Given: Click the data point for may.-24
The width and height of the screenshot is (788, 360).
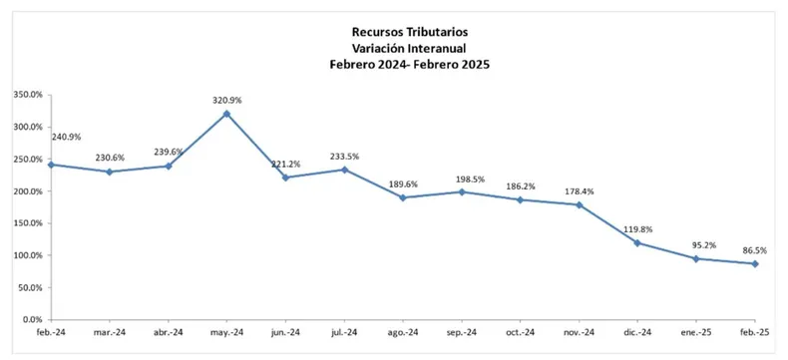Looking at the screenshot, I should [226, 114].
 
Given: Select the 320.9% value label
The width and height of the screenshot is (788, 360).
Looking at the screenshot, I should [226, 100].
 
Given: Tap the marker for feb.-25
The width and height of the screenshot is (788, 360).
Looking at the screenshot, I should [755, 263].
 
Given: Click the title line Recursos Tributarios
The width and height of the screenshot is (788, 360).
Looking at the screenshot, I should [410, 31].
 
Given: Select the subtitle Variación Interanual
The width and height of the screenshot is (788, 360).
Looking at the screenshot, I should [410, 47].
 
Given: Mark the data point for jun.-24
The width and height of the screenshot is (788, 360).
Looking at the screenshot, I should [285, 178].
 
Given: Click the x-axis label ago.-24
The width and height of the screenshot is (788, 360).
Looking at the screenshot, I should [403, 332].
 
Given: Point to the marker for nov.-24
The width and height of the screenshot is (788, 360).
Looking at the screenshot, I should [579, 204].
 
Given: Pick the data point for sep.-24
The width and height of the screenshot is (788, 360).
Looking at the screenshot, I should [461, 191].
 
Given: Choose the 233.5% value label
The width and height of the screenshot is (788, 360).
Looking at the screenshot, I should [344, 157].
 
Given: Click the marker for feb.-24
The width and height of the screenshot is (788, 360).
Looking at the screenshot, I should [50, 165].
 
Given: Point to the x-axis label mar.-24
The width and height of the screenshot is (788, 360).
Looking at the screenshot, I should [110, 332].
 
